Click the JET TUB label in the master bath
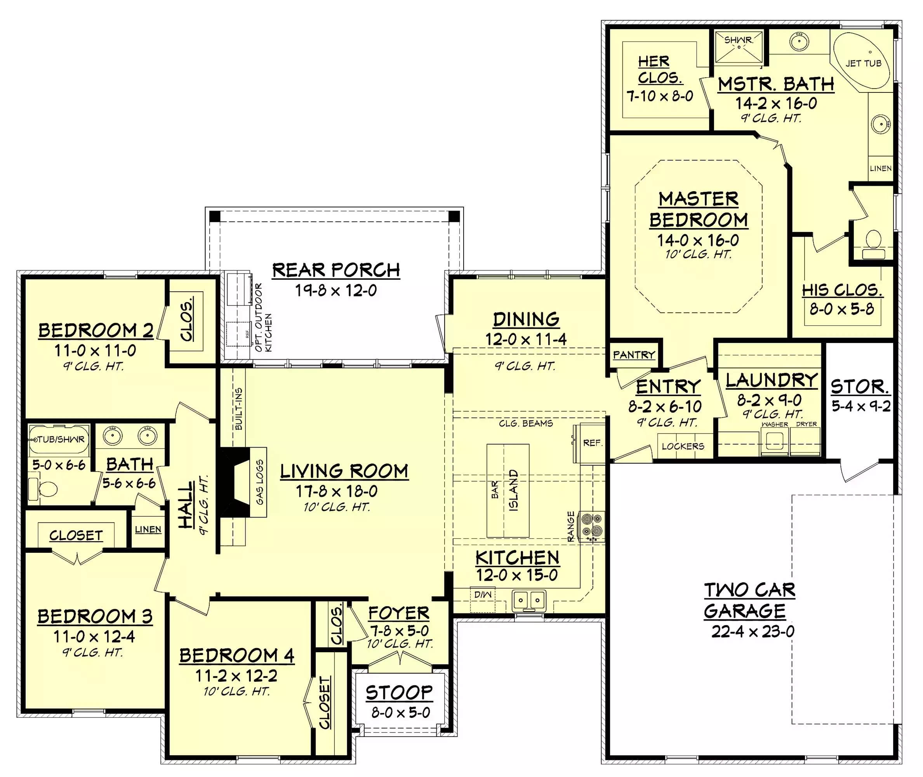(864, 63)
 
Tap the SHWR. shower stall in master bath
(739, 46)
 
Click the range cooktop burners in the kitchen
(591, 526)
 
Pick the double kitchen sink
(528, 600)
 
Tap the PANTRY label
(634, 355)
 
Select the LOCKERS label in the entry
(683, 446)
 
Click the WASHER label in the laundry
(775, 424)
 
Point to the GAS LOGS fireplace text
(260, 482)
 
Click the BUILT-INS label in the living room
(238, 409)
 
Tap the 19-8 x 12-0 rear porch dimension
(336, 290)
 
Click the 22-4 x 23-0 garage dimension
(753, 632)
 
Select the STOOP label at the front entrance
(399, 693)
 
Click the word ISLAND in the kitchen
(513, 490)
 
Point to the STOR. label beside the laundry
(860, 386)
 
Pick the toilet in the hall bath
(43, 488)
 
